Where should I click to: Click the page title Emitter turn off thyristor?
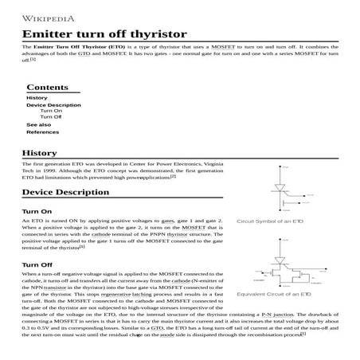click(x=101, y=34)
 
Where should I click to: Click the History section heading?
click(x=40, y=153)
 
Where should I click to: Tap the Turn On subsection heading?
click(x=37, y=211)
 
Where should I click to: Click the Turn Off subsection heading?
click(x=37, y=264)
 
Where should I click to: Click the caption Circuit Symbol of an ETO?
click(x=270, y=220)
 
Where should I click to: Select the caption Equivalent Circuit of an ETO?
click(x=274, y=294)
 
